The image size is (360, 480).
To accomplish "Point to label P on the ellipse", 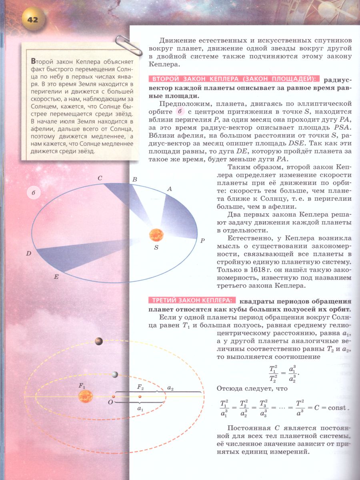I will coord(202,241).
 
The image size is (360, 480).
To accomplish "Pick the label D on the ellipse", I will coord(28,253).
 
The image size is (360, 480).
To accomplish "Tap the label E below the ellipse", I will coord(56,276).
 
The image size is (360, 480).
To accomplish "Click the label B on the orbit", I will coord(135,180).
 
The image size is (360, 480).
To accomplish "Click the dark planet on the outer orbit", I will coord(98,341).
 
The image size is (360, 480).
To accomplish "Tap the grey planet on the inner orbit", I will coord(115,374).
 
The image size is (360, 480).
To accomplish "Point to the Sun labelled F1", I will coord(85,396).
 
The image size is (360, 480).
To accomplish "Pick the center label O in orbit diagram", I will coord(110,402).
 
